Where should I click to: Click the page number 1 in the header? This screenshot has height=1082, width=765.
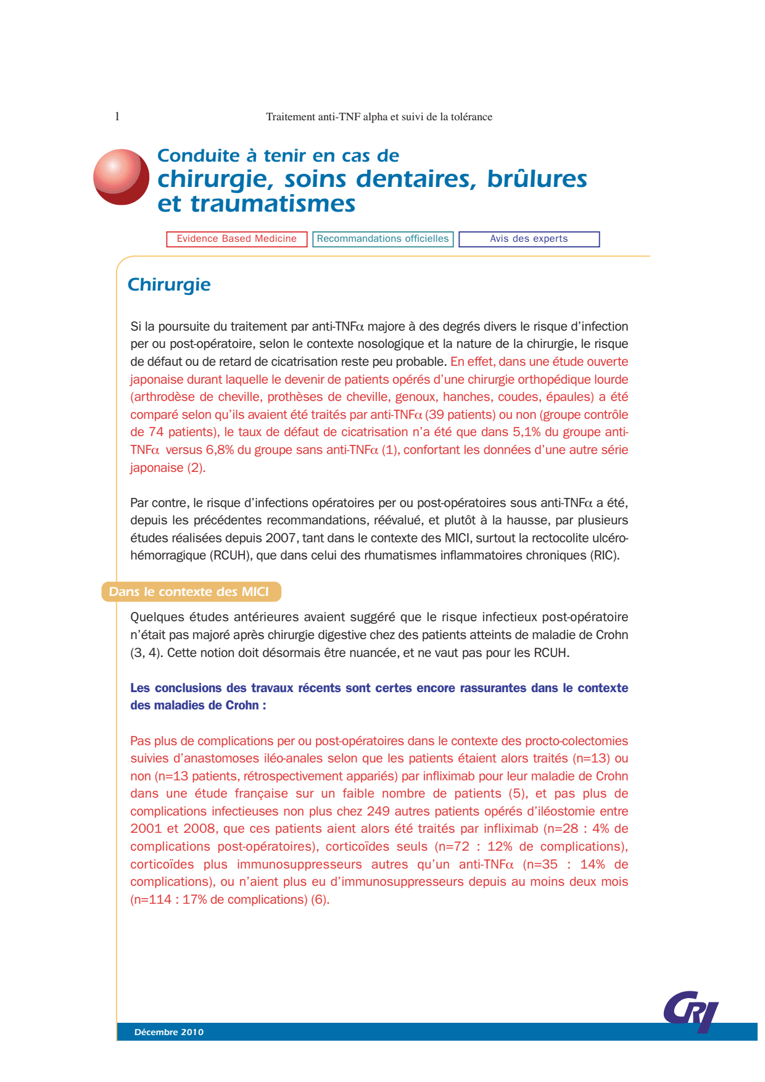click(x=117, y=116)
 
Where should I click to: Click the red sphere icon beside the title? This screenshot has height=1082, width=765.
click(x=121, y=177)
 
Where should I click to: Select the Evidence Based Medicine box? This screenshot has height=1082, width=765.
click(x=237, y=239)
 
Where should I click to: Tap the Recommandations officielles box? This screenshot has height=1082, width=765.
click(x=383, y=239)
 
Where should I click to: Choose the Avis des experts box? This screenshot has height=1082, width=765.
click(x=529, y=239)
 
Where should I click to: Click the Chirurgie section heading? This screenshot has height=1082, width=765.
click(x=169, y=284)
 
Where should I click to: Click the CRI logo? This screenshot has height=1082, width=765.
click(x=692, y=1010)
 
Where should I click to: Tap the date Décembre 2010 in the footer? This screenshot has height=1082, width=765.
click(x=168, y=1032)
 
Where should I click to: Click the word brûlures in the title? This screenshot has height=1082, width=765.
click(x=537, y=179)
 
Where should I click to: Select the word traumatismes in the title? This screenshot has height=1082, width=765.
click(x=273, y=204)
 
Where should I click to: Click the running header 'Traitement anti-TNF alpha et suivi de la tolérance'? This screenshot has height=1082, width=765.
click(x=379, y=117)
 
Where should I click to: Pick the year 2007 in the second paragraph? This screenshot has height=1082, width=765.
click(x=281, y=538)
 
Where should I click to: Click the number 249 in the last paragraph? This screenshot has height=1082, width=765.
click(x=378, y=811)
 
